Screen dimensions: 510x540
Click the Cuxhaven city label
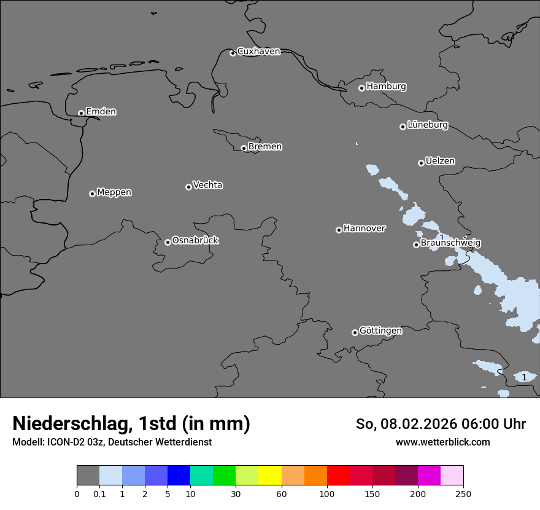258,52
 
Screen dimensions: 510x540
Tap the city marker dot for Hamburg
361,88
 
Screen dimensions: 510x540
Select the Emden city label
101,112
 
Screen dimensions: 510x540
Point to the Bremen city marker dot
244,148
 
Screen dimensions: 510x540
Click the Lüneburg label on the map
427,125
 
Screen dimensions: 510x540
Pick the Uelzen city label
440,162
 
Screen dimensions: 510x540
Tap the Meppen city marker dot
92,194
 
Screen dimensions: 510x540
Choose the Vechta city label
207,186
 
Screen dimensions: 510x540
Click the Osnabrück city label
195,241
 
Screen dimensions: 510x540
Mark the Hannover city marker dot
339,230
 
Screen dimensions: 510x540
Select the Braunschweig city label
450,243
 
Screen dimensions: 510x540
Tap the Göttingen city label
380,331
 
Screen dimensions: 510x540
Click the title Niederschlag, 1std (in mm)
131,424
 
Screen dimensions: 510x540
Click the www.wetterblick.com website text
442,442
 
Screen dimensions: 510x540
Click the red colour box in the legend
338,476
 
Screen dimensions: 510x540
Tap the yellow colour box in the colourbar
270,476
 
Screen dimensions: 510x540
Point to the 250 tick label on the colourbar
463,493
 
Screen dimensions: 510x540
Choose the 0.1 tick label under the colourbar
99,493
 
